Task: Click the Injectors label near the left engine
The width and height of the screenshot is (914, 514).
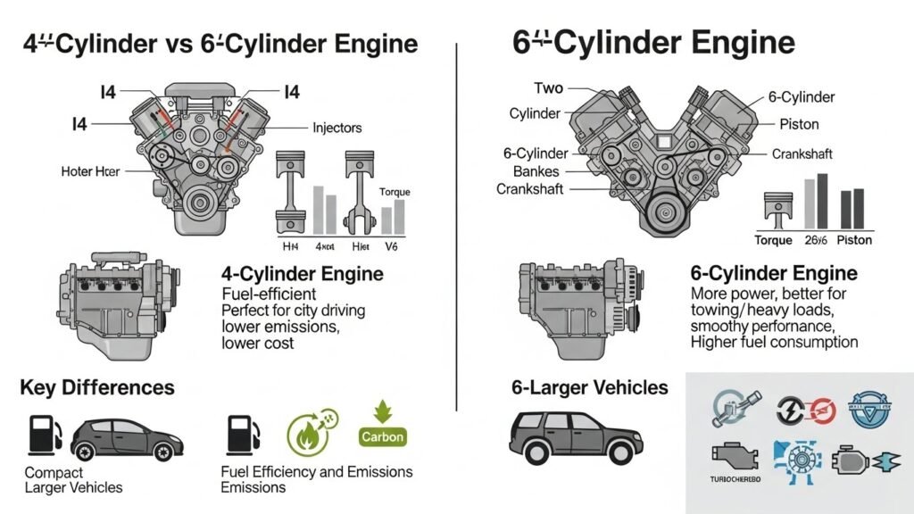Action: pyautogui.click(x=337, y=128)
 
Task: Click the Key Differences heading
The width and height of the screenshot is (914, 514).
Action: pyautogui.click(x=96, y=387)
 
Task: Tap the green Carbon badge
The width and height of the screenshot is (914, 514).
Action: pyautogui.click(x=383, y=436)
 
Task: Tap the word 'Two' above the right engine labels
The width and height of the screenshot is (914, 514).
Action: pyautogui.click(x=548, y=88)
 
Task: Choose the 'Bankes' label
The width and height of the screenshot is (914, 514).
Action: pyautogui.click(x=536, y=170)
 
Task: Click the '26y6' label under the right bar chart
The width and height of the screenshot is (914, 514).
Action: pyautogui.click(x=815, y=240)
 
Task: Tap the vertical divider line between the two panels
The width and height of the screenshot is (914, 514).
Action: pyautogui.click(x=457, y=223)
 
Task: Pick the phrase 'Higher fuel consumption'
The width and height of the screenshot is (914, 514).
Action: pyautogui.click(x=774, y=342)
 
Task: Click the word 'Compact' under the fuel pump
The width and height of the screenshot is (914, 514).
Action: pyautogui.click(x=54, y=472)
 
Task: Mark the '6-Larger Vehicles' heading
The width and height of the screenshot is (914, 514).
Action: pyautogui.click(x=589, y=387)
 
